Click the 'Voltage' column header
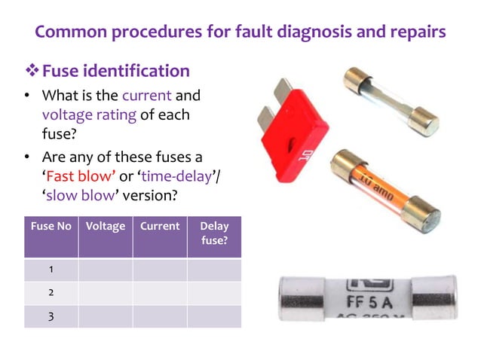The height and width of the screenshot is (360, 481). [106, 226]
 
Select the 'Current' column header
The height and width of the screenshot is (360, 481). [160, 226]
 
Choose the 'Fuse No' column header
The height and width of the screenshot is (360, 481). [51, 226]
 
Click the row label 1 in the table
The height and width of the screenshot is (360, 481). [51, 270]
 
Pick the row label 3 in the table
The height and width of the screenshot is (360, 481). [51, 316]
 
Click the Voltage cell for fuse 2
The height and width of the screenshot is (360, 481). [106, 293]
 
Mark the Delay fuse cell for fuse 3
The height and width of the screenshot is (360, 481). [214, 316]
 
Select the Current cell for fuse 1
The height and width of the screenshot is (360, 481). [160, 270]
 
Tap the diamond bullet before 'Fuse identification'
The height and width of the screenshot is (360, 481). [32, 71]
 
